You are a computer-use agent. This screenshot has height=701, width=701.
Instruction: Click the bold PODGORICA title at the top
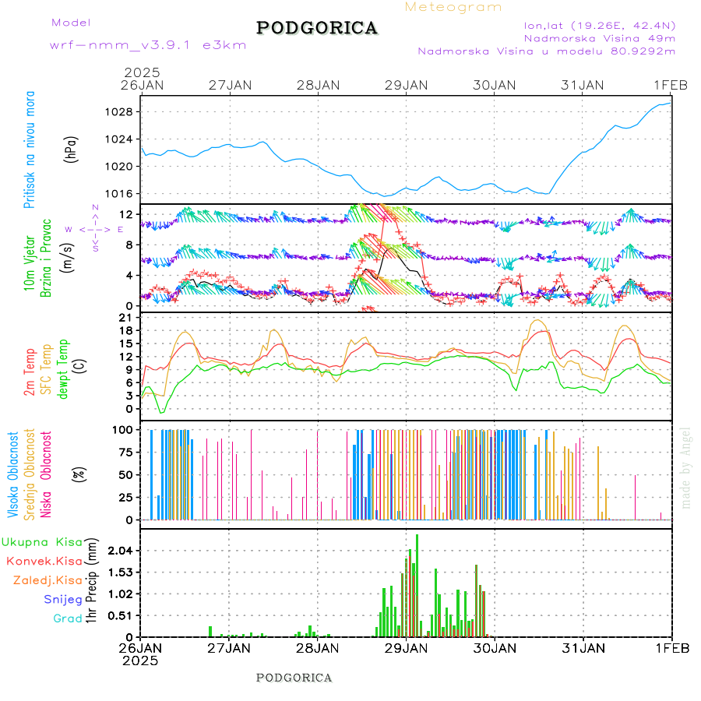click(x=317, y=28)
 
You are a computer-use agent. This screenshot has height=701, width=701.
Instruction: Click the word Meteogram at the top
click(x=453, y=7)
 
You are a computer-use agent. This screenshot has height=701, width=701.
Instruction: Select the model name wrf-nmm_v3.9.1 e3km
click(x=148, y=45)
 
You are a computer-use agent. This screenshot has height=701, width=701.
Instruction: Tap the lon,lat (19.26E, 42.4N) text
click(x=599, y=25)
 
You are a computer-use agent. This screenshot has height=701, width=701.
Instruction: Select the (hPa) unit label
click(x=72, y=149)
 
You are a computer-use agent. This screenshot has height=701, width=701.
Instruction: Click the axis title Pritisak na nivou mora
click(x=30, y=153)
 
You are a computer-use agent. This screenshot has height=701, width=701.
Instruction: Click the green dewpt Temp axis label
click(x=64, y=367)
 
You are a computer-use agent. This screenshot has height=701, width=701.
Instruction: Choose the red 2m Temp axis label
click(x=30, y=372)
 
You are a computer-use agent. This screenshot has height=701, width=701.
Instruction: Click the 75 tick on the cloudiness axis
click(x=123, y=452)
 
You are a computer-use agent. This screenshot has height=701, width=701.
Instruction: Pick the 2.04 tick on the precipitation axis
click(x=119, y=551)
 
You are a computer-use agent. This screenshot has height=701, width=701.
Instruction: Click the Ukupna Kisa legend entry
click(x=42, y=542)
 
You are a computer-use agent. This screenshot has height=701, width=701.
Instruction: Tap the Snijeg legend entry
click(x=63, y=600)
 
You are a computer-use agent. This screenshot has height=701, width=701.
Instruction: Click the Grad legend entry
click(x=68, y=618)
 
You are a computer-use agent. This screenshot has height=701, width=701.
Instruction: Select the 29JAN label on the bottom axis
click(x=405, y=648)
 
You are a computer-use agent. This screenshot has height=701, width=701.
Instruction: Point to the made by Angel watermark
click(x=685, y=467)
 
